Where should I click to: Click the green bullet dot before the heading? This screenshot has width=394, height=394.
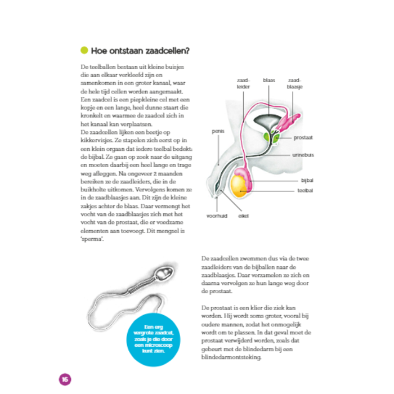tap(84, 50)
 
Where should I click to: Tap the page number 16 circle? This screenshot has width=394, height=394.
tap(63, 377)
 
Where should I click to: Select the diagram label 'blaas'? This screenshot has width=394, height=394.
tap(268, 80)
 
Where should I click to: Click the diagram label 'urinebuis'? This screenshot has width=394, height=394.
tap(303, 154)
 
